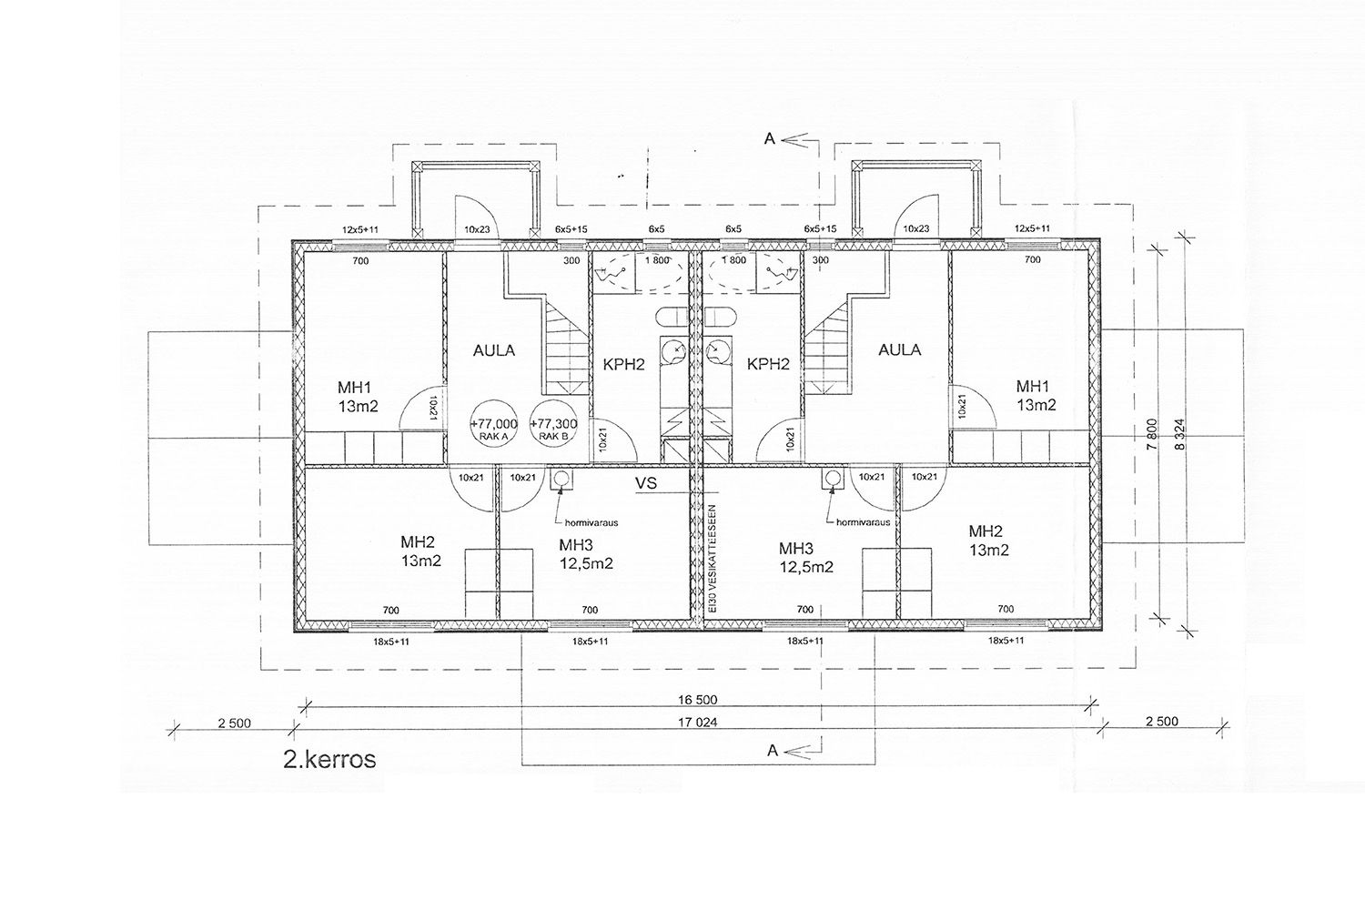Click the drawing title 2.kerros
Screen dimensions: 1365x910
[329, 760]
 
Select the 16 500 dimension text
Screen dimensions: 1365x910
[698, 700]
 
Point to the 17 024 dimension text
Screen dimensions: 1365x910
[698, 723]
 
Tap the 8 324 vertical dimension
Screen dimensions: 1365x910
[1180, 434]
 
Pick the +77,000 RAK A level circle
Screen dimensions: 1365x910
[493, 424]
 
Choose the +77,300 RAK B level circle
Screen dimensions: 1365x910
[553, 424]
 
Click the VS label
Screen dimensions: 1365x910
[646, 483]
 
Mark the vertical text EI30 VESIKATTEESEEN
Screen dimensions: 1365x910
[713, 559]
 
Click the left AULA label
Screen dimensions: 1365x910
[494, 350]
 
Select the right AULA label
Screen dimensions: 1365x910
[899, 349]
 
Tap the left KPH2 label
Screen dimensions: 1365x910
[624, 365]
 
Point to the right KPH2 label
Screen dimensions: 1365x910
[768, 365]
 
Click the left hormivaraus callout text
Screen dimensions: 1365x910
[591, 523]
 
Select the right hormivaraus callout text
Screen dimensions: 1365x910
[864, 522]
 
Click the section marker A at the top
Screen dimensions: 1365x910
[770, 139]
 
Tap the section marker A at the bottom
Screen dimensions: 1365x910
[773, 751]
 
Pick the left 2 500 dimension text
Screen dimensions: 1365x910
[235, 723]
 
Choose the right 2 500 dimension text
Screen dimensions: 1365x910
[1162, 722]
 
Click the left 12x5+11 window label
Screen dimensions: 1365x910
[360, 230]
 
